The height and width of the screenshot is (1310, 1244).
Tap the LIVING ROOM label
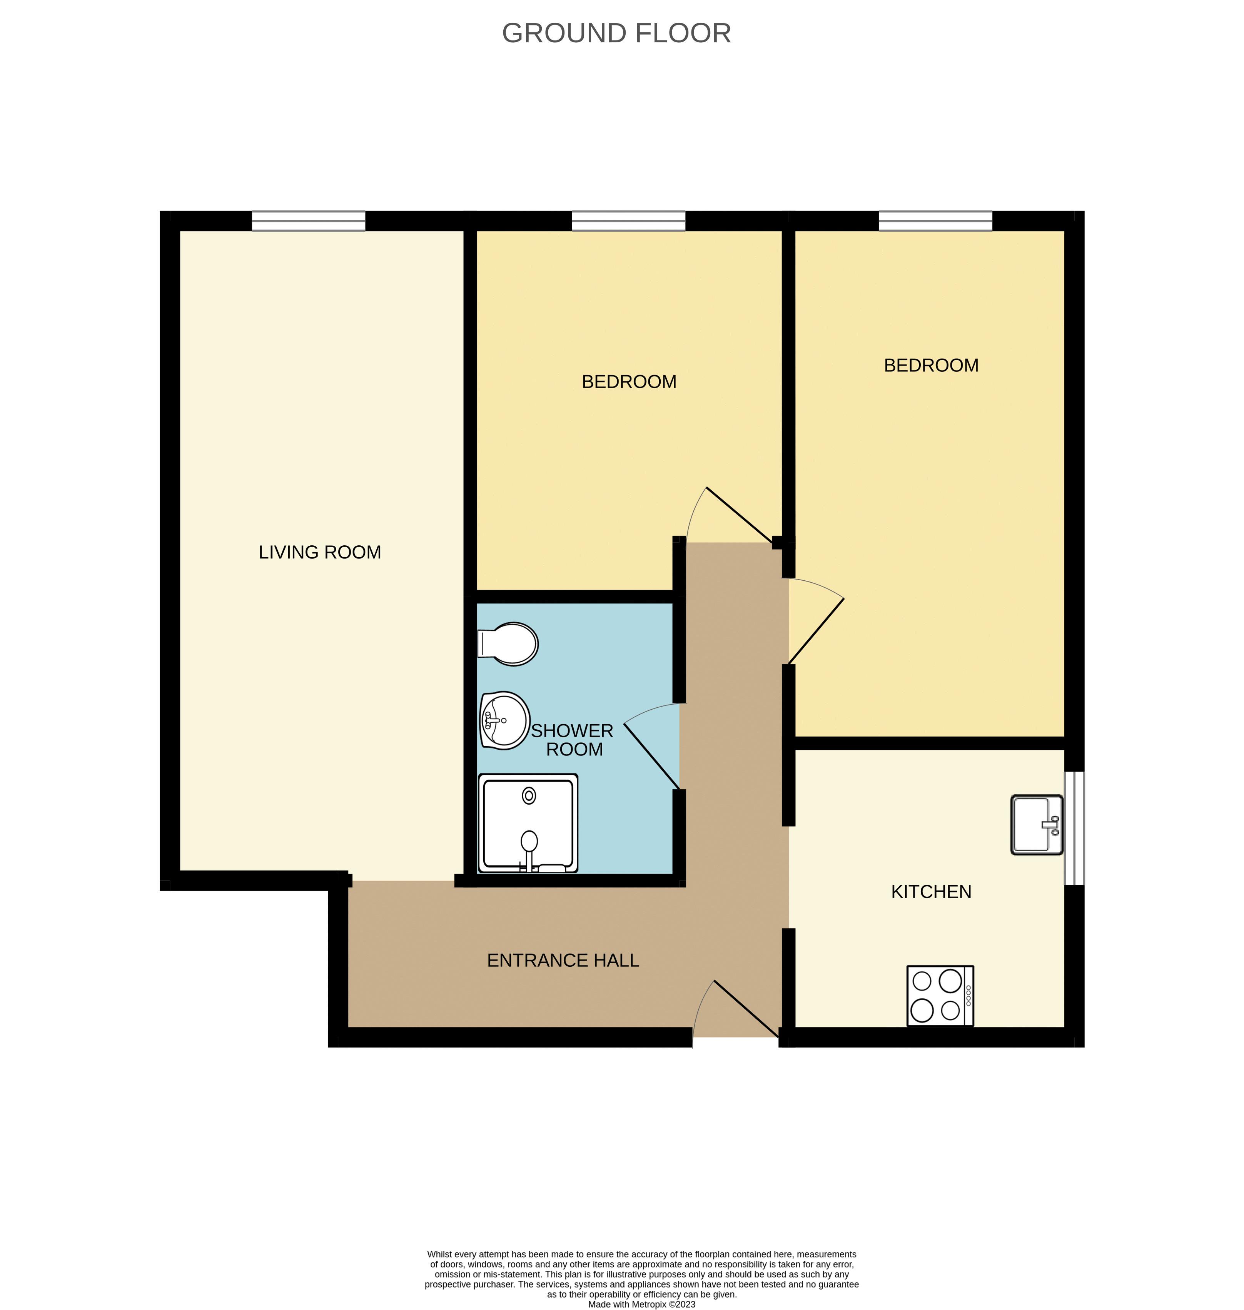[320, 552]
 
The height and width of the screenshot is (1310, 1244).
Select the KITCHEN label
[931, 891]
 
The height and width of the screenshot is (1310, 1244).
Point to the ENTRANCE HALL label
[563, 960]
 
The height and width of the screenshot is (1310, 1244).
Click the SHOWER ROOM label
[572, 740]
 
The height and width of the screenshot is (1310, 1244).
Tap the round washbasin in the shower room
[504, 720]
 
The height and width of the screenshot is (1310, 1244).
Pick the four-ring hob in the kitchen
[940, 995]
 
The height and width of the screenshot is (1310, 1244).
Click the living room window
[308, 221]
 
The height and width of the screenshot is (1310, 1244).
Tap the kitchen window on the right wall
[1074, 828]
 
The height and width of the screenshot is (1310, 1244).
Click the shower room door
[651, 756]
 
